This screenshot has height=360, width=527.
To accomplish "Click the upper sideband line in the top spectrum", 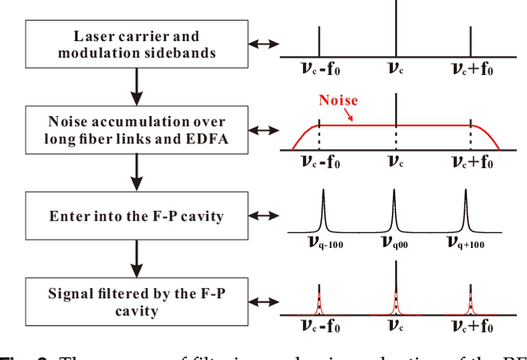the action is tap(470, 41).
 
